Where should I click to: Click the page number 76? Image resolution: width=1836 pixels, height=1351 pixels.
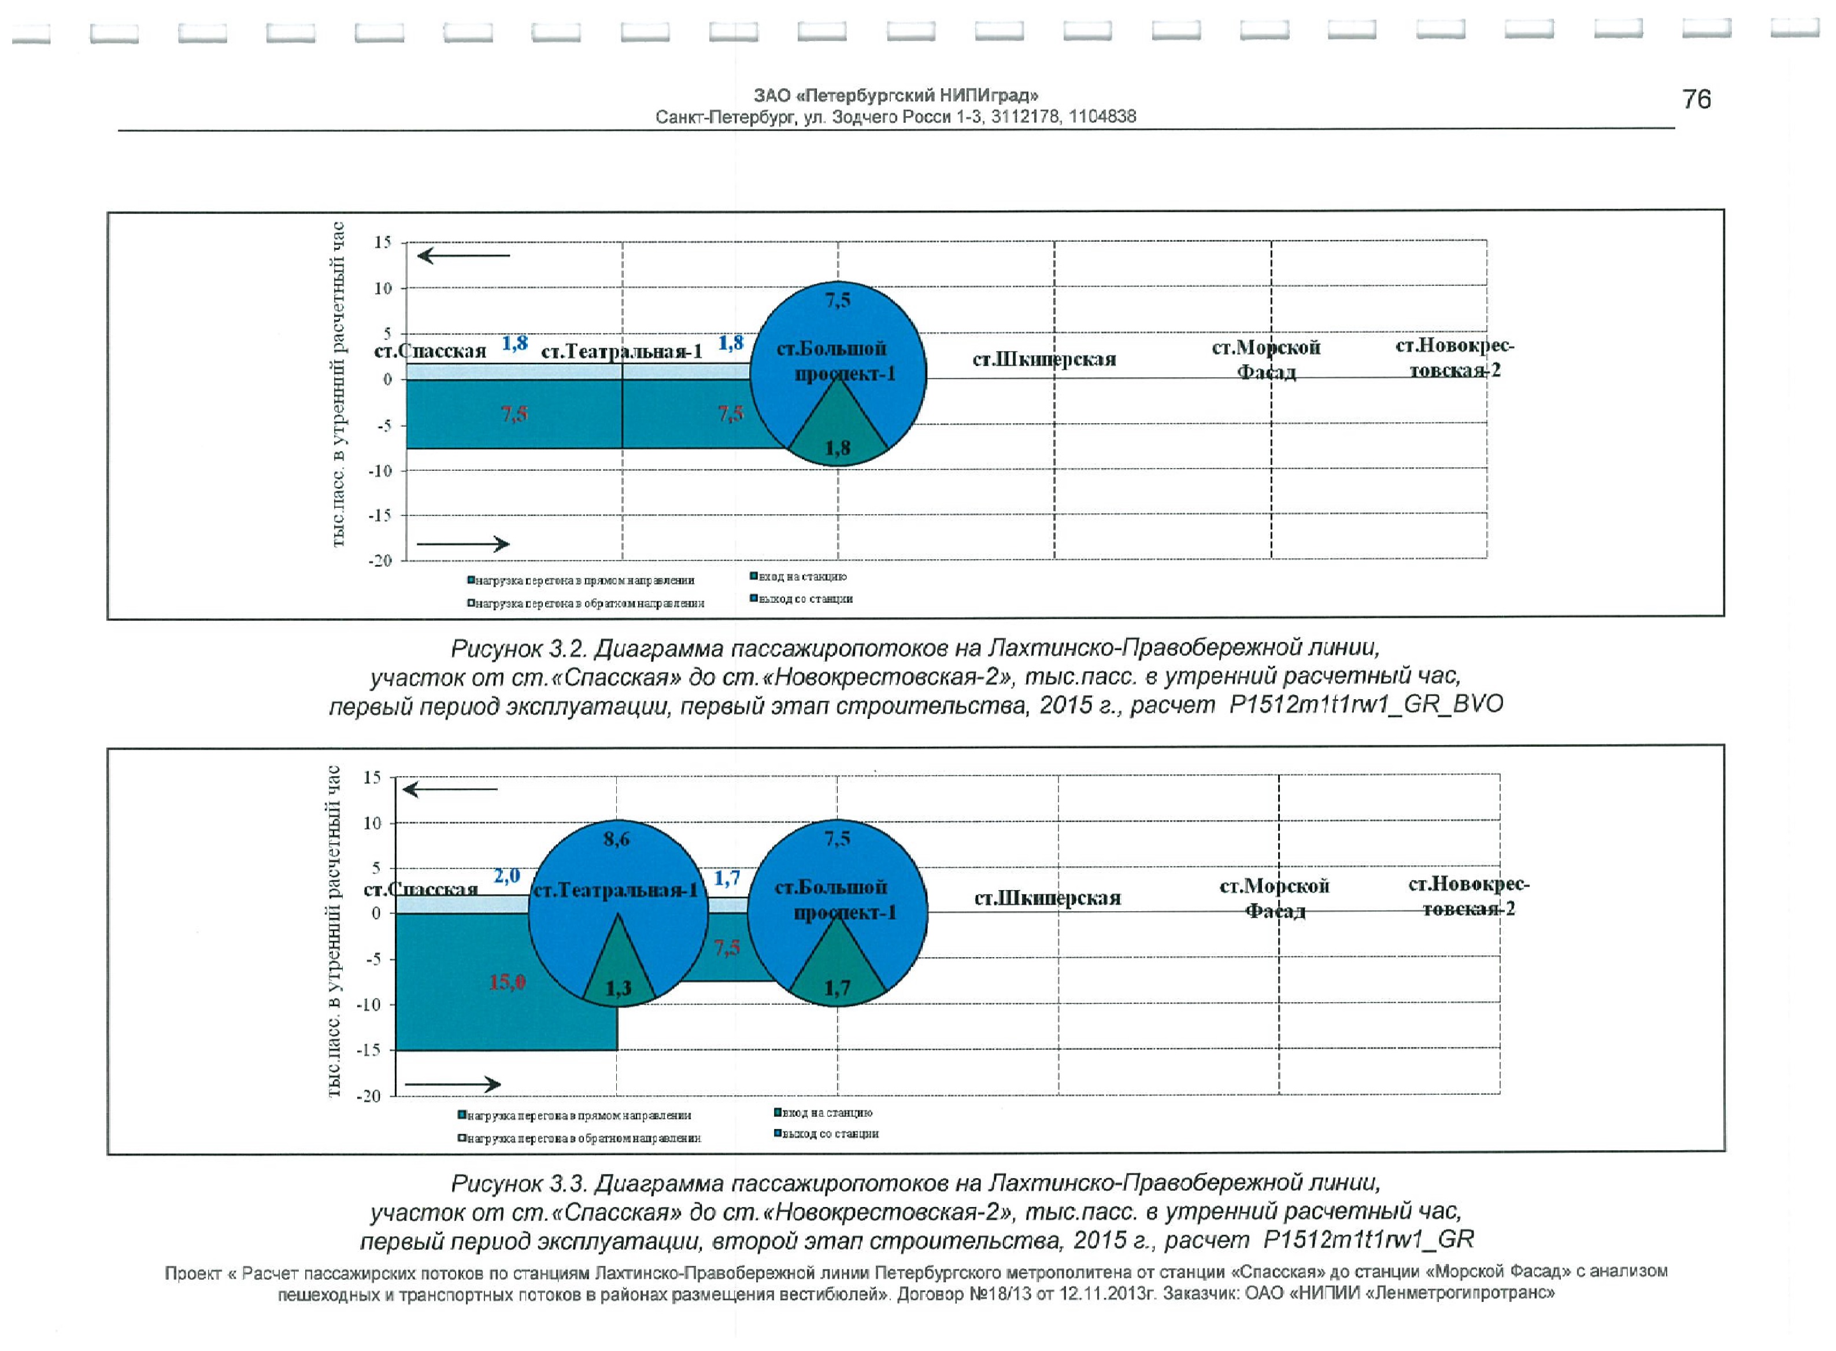pyautogui.click(x=1696, y=100)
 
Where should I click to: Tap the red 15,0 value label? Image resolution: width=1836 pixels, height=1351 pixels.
pyautogui.click(x=507, y=982)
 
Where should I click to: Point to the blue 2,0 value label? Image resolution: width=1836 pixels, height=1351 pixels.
pyautogui.click(x=507, y=876)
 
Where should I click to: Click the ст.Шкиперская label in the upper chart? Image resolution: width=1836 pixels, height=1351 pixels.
pyautogui.click(x=1044, y=360)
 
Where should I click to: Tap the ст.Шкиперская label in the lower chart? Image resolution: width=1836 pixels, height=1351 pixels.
pyautogui.click(x=1047, y=898)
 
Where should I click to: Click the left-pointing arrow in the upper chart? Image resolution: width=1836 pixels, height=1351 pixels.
pyautogui.click(x=462, y=256)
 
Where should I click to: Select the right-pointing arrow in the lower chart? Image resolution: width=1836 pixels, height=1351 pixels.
pyautogui.click(x=453, y=1084)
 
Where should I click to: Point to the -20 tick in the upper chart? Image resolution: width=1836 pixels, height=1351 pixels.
pyautogui.click(x=381, y=561)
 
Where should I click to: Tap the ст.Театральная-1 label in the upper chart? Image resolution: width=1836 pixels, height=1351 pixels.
pyautogui.click(x=621, y=352)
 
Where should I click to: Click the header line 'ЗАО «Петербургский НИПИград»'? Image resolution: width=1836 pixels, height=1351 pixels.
pyautogui.click(x=895, y=95)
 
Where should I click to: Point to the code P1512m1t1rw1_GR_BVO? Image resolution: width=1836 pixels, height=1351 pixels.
pyautogui.click(x=1365, y=705)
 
